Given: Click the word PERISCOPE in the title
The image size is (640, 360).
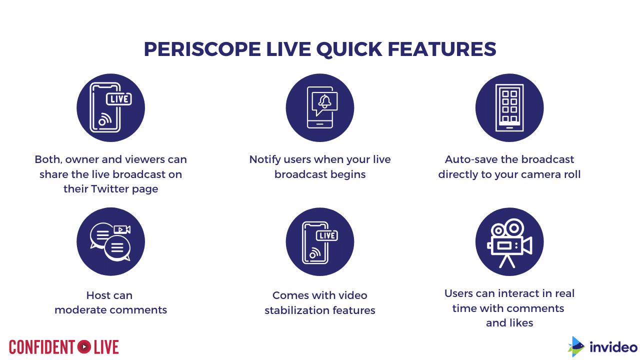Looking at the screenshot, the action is (x=202, y=49).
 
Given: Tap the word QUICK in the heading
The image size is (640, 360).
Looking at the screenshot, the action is (x=349, y=49).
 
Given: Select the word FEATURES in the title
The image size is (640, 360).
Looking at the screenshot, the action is (x=442, y=49).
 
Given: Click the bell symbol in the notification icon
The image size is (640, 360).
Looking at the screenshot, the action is (x=325, y=101).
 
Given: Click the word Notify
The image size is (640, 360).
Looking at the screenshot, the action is (x=265, y=159).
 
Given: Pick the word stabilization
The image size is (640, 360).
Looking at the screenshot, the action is (x=301, y=310).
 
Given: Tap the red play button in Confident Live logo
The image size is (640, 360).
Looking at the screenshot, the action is (x=84, y=347).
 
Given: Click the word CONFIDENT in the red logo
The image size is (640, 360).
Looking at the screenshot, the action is (x=42, y=347).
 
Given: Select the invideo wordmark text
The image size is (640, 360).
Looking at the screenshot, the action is (x=613, y=347).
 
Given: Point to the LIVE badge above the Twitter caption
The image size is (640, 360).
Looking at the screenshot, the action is (x=119, y=99).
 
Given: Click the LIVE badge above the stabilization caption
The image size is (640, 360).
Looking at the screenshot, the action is (x=327, y=235).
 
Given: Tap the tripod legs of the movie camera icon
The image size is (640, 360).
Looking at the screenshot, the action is (x=507, y=261).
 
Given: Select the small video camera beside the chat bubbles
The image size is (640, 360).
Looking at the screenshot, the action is (x=122, y=229).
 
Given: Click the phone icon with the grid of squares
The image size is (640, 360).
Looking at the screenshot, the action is (x=509, y=107).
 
